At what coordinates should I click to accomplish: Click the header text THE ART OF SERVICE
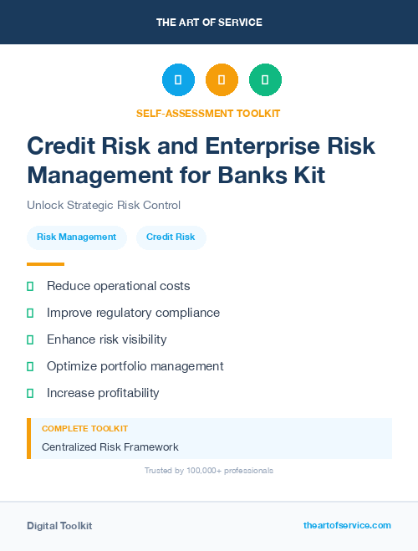(209, 23)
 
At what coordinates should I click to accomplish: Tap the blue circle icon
(178, 79)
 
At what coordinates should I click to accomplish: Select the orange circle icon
(222, 79)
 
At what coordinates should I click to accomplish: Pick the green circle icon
(265, 79)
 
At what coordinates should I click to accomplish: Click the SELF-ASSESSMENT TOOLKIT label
(208, 113)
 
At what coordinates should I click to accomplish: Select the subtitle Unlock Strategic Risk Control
(104, 205)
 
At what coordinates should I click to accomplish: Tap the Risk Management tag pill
(77, 237)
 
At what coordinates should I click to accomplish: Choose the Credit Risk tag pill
(171, 237)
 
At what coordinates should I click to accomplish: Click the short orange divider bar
(45, 263)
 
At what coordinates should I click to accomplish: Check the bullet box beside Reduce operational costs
(30, 286)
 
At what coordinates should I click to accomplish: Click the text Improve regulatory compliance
(133, 313)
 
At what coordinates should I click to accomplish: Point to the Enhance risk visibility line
(106, 339)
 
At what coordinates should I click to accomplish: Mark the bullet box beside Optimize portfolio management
(30, 366)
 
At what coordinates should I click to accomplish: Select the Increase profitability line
(103, 393)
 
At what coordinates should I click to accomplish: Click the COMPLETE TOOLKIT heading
(84, 428)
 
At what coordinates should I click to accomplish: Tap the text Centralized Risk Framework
(110, 447)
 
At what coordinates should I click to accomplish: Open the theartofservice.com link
(347, 525)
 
